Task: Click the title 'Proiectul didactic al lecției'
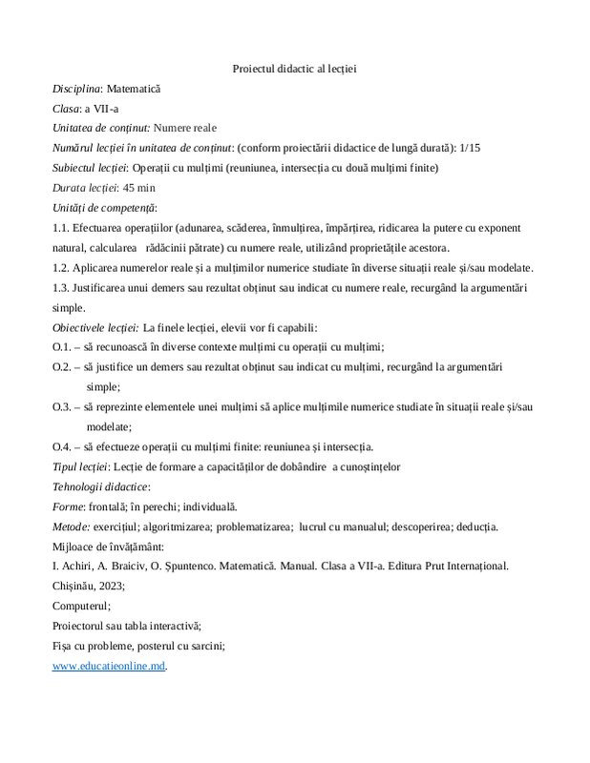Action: click(294, 69)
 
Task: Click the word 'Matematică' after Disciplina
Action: click(135, 89)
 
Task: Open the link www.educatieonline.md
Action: click(108, 666)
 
